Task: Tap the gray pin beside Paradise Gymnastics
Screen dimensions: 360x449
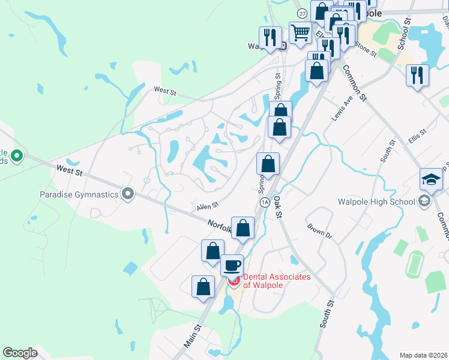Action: coord(127,194)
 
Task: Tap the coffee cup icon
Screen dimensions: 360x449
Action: coord(232,265)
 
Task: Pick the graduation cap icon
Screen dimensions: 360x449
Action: coord(431,179)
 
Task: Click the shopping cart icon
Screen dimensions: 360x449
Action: coord(300,32)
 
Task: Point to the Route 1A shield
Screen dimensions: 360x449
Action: coord(264,202)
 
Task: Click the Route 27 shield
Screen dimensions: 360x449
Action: coord(301,13)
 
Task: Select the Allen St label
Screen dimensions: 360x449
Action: coord(207,207)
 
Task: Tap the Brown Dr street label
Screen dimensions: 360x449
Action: coord(319,232)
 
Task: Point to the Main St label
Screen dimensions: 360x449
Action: coord(191,336)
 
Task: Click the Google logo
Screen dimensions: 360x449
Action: coord(20,353)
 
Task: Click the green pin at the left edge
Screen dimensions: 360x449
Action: coord(16,157)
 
